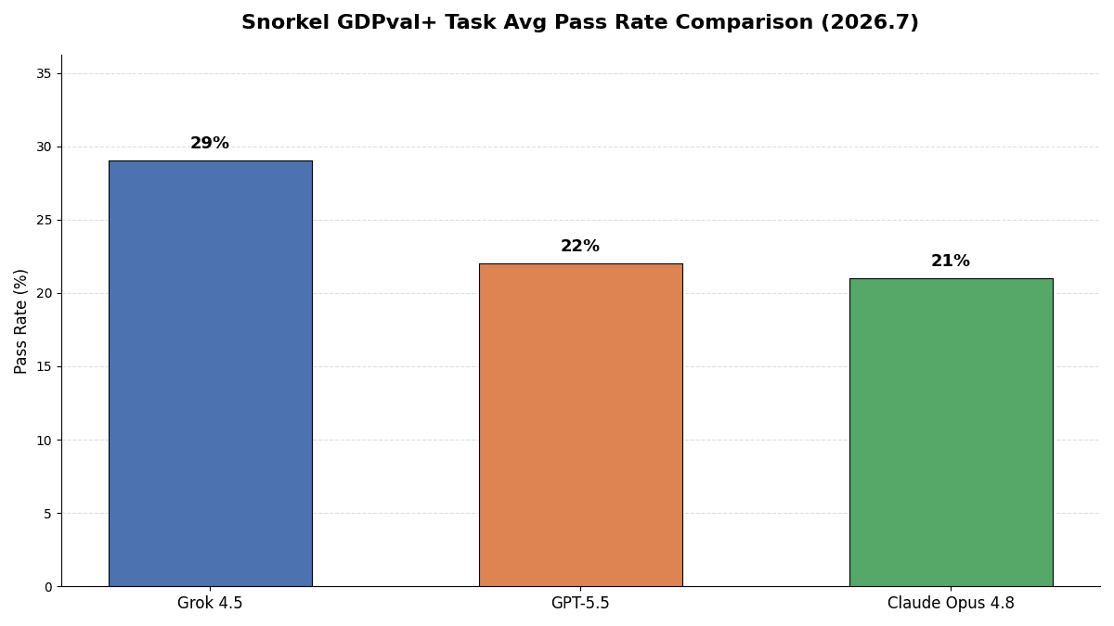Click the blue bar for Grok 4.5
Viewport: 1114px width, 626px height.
tap(211, 374)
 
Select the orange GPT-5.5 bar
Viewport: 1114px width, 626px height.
tap(581, 426)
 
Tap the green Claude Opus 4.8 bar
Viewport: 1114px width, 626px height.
tap(951, 432)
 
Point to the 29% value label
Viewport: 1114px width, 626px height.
tap(210, 143)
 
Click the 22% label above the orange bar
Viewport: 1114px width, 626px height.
tap(580, 246)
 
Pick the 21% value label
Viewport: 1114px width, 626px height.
tap(951, 261)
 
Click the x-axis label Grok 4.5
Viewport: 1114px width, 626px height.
tap(210, 603)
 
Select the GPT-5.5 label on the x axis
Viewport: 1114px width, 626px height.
tap(580, 603)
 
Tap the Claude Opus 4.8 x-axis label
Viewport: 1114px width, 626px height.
tap(951, 603)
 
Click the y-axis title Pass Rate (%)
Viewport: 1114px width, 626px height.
tap(20, 322)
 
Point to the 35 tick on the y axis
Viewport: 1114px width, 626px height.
tap(44, 74)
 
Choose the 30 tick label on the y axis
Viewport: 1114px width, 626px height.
tap(44, 147)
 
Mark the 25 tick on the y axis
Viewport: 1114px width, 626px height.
tap(44, 221)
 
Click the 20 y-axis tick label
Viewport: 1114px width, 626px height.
tap(44, 294)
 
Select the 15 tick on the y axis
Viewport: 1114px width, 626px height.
tap(44, 367)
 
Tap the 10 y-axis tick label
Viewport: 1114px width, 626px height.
tap(44, 441)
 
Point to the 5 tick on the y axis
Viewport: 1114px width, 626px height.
tap(47, 514)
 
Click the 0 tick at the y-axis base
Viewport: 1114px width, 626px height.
tap(47, 587)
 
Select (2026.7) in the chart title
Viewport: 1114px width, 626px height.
tap(869, 23)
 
